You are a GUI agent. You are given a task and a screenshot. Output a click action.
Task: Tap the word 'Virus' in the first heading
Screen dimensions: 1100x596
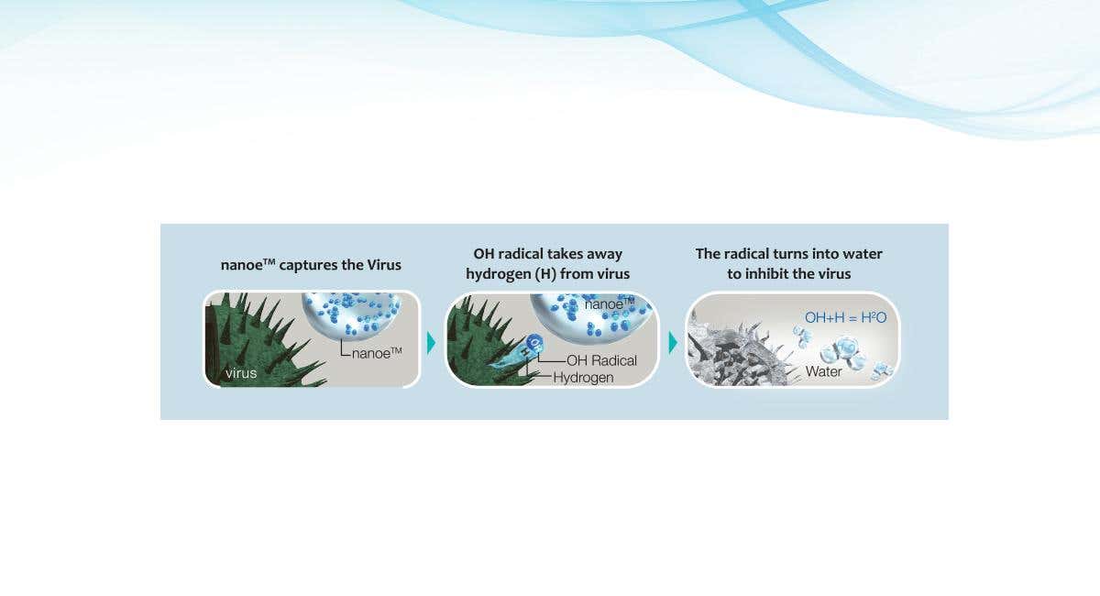point(384,265)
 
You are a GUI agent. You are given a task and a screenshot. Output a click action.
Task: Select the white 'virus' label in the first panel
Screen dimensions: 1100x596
point(241,373)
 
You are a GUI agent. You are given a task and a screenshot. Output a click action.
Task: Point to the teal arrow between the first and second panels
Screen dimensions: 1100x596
point(431,343)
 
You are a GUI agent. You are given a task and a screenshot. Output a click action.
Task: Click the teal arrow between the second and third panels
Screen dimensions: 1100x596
point(673,342)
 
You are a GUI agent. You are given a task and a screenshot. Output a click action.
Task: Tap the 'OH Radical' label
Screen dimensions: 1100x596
point(601,360)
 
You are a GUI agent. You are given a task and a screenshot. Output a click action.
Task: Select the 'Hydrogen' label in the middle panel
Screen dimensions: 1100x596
point(583,378)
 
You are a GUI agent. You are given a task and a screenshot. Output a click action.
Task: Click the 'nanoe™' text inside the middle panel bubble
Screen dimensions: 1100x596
point(610,304)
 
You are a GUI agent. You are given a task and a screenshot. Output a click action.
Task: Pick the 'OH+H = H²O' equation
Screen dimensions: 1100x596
point(845,317)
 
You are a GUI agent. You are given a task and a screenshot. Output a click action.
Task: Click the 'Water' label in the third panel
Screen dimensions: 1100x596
point(823,371)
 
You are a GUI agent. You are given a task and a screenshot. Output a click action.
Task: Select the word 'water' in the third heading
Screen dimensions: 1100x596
point(863,254)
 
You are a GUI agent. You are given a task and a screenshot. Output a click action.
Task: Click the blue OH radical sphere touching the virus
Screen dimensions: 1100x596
point(533,342)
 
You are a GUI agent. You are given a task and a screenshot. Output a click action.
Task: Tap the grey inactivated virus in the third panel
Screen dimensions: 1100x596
point(737,350)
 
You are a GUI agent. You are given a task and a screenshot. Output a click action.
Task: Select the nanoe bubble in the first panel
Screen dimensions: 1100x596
point(352,315)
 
